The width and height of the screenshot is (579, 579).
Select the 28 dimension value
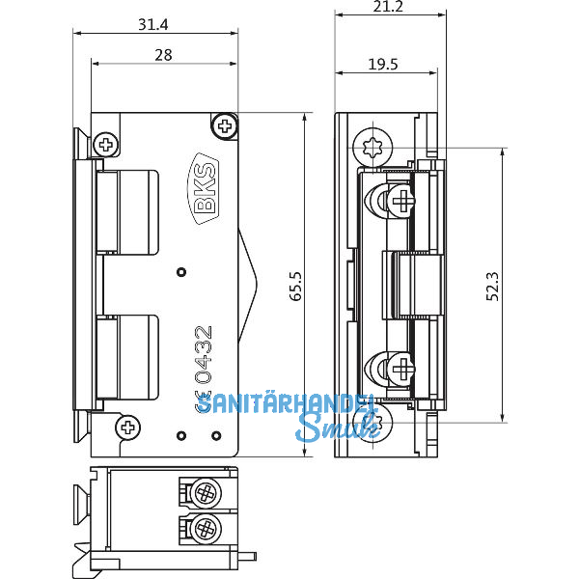(163, 55)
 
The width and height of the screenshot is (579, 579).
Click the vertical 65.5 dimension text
(295, 287)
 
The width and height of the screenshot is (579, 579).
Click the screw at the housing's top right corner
(225, 124)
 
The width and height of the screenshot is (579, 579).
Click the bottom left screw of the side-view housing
(125, 426)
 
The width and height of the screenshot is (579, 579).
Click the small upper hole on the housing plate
(179, 272)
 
